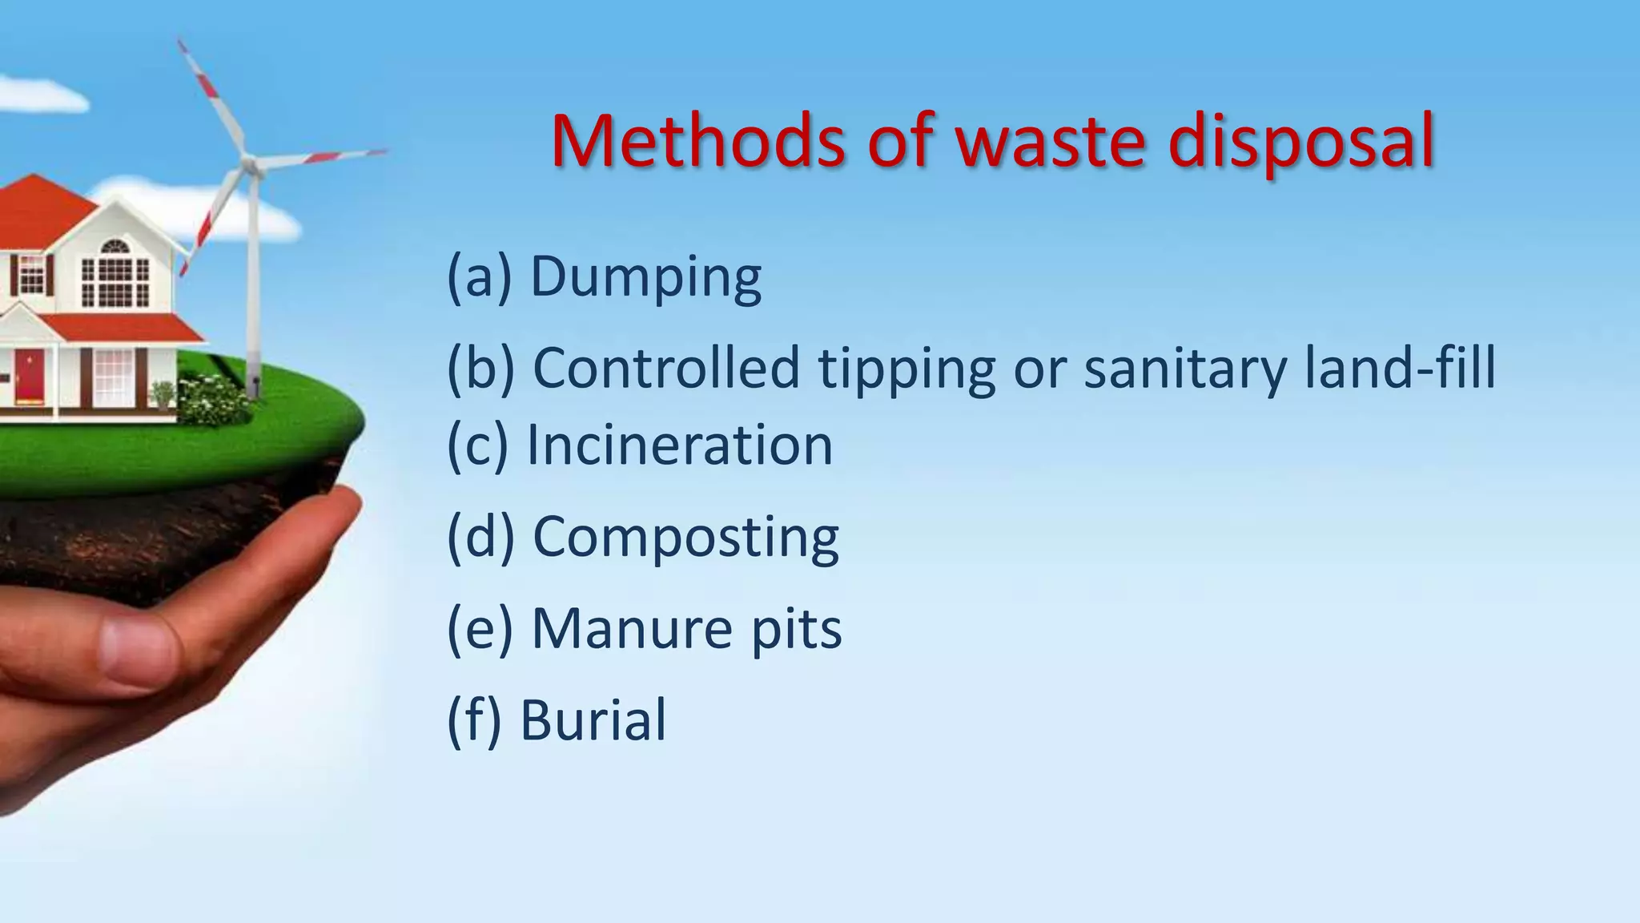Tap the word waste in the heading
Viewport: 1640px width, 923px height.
coord(1050,142)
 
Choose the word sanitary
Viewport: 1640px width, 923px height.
coord(1184,369)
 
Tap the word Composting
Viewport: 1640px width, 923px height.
coord(685,538)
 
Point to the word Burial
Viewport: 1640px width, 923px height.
coord(593,719)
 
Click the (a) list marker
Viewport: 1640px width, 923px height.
coord(478,277)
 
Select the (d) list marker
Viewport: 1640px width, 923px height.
coord(480,537)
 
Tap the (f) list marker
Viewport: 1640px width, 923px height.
coord(473,719)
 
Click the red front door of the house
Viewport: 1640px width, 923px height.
coord(30,374)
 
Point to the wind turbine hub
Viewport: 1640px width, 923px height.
coord(251,164)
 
